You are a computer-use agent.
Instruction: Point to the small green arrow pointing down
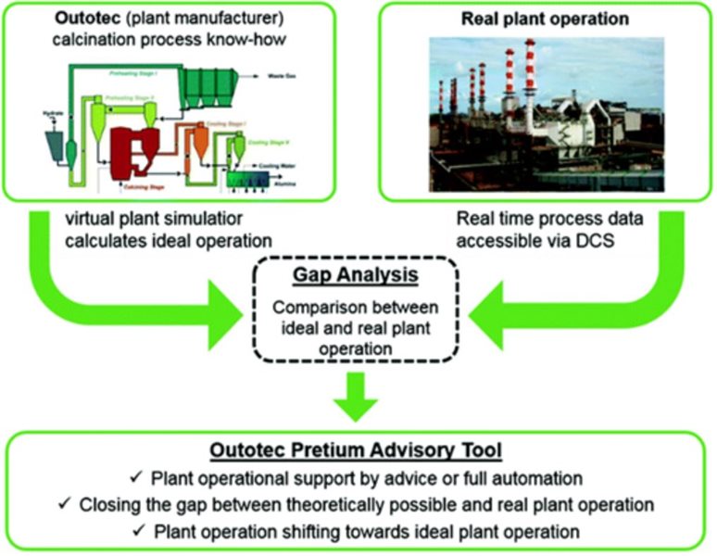tap(356, 397)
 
